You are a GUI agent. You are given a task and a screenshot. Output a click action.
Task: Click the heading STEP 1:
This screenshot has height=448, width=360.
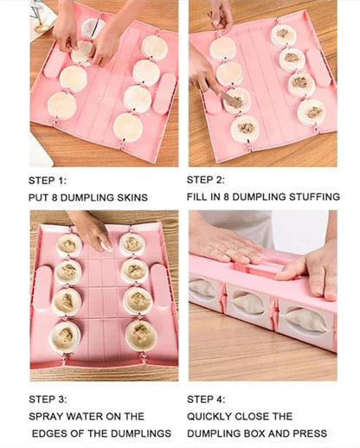point(48,181)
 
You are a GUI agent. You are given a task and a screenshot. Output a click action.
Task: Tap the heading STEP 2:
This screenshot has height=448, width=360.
point(208,181)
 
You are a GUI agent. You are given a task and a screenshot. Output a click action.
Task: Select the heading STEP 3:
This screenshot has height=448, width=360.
point(48,399)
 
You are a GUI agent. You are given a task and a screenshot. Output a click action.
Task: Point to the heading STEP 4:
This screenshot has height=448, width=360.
point(208,399)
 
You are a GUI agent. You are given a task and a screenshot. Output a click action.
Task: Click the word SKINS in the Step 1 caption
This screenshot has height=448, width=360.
point(129,198)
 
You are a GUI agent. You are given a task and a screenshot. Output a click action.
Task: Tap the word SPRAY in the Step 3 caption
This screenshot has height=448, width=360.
point(48,416)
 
